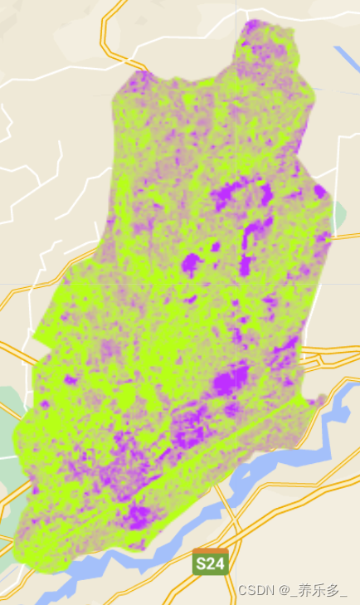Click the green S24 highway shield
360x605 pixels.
click(210, 564)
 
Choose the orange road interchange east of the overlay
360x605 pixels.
click(319, 360)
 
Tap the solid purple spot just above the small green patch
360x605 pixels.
click(319, 192)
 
